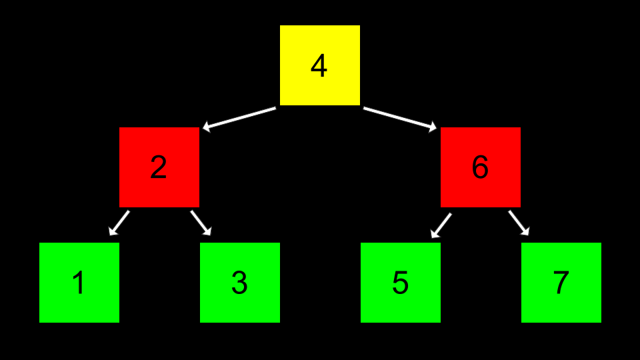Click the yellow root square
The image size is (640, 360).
coord(320,65)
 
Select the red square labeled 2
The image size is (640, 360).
coord(159,167)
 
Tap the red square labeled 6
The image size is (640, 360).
coord(481,167)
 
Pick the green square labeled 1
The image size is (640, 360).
coord(79,283)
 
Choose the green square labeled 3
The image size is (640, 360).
coord(240,283)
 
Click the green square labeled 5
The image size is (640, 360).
coord(401,283)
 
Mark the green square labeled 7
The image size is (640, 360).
coord(561,283)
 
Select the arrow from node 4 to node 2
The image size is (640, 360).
coord(240,117)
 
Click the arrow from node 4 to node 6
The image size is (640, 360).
coord(399,117)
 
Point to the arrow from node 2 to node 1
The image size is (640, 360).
coord(119,223)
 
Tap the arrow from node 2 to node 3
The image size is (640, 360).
coord(201,223)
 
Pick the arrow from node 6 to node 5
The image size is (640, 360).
coord(441,225)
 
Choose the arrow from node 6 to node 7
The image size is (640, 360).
coord(519,223)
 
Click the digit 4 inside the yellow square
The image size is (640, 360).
coord(319,66)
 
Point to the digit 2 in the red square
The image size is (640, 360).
coord(159,167)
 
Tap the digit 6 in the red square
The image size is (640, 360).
coord(480,167)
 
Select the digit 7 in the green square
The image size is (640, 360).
coord(561,283)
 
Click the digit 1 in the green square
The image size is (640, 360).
coord(79,283)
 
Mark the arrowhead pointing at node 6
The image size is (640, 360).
coord(433,127)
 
